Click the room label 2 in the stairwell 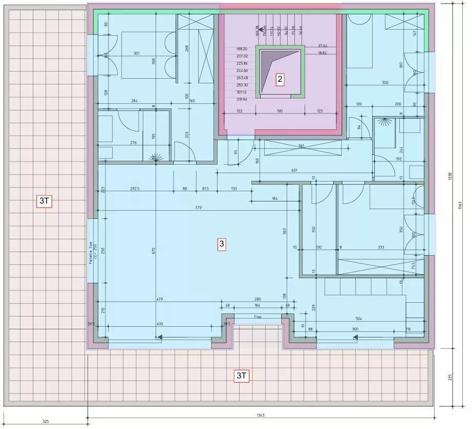280,79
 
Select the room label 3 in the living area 222,244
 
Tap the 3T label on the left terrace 45,201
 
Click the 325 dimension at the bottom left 46,422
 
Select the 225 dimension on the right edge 450,377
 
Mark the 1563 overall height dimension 459,205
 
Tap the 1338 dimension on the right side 450,176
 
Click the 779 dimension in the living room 198,208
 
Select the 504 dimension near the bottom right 359,319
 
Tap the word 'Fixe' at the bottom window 258,317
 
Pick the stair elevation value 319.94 242,99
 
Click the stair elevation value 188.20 242,49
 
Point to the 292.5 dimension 135,189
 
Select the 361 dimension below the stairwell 301,146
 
